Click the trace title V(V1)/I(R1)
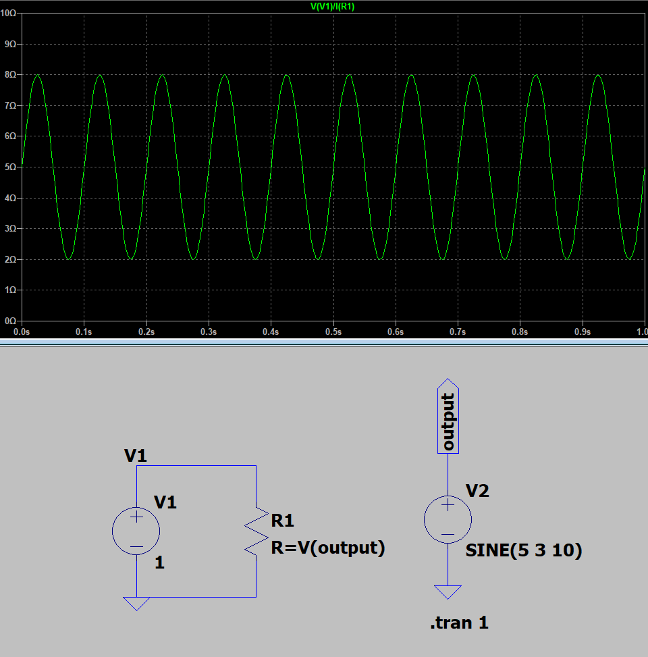coord(332,7)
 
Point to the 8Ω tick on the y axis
coord(10,75)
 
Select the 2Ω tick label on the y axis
coord(10,259)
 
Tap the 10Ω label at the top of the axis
coord(9,14)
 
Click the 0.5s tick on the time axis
coord(333,332)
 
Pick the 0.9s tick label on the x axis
coord(582,332)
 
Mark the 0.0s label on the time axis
coord(22,332)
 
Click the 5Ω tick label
coord(10,167)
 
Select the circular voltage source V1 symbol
coord(136,531)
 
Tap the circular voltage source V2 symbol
coord(448,520)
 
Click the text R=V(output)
coord(328,548)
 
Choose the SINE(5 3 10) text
coord(524,551)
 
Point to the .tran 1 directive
coord(458,623)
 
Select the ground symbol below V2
coord(448,592)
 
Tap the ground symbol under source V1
coord(136,603)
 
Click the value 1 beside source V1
coord(159,562)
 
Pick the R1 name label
coord(282,521)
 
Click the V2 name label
coord(477,491)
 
